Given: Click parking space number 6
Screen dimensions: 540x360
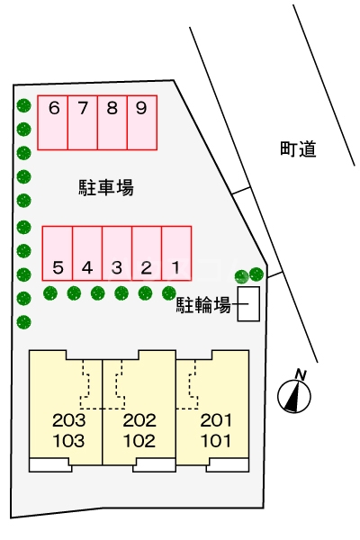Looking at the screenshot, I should point(52,121).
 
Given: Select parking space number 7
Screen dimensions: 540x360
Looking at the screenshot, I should point(82,121).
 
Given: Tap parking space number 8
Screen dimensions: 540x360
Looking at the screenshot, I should point(112,121).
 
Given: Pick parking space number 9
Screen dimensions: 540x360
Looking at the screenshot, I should point(141,121).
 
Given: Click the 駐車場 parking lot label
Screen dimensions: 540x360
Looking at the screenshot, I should point(106,188).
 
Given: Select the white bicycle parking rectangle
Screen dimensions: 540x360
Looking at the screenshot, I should point(248,305).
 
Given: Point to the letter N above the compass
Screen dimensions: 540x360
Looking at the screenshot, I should point(301,373).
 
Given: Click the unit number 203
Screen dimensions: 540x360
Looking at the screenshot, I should point(68,420).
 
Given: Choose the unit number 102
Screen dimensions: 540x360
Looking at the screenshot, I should point(139,441).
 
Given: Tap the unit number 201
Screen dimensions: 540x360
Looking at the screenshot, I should point(216,420).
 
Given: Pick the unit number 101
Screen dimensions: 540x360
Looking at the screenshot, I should point(216,441).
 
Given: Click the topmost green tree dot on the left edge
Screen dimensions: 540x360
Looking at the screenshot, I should point(23,105).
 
